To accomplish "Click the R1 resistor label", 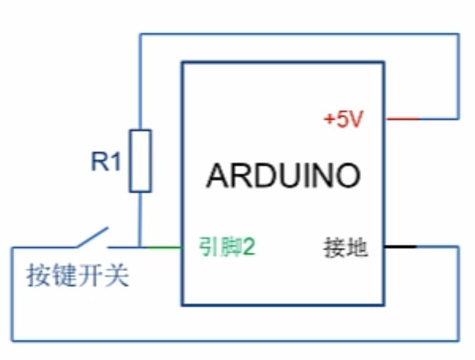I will [106, 162].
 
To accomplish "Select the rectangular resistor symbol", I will [140, 160].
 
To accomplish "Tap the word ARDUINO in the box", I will [283, 176].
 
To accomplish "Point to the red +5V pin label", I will [343, 119].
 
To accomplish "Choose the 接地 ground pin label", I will [345, 248].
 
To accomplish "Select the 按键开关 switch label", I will [78, 275].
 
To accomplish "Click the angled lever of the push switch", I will [93, 237].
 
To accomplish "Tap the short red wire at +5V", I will [402, 118].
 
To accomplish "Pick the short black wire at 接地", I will [400, 247].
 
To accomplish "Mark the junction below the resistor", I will [140, 247].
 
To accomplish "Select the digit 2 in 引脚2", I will [250, 247].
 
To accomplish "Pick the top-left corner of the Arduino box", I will [183, 63].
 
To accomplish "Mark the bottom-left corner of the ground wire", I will [12, 341].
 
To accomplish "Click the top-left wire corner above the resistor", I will [140, 34].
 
